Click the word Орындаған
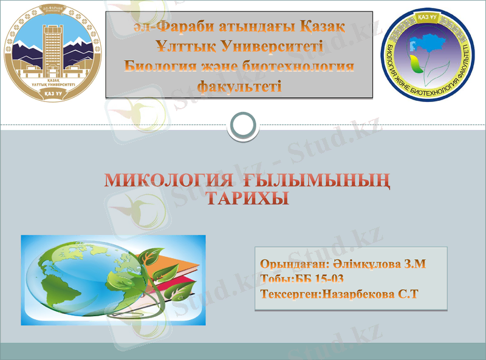(x=294, y=265)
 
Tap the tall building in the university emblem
(x=53, y=46)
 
